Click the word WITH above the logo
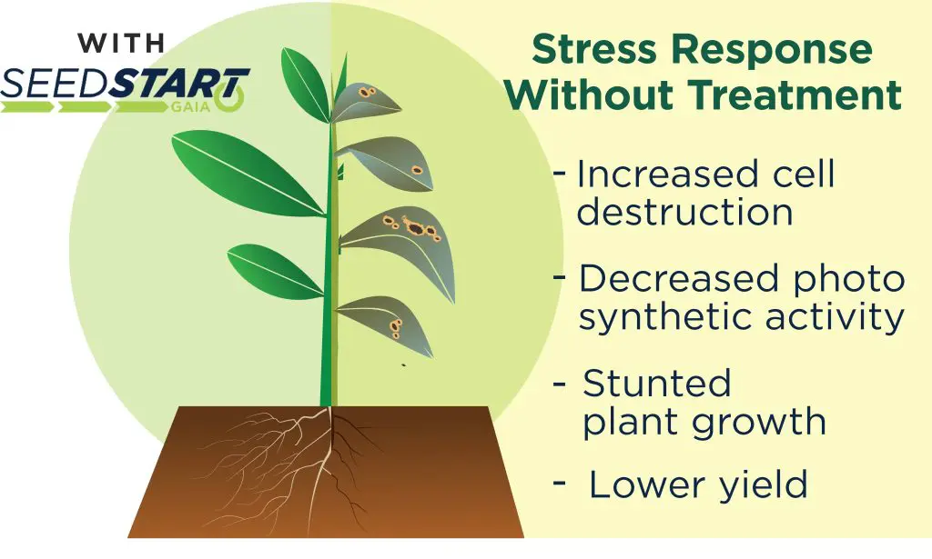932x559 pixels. pyautogui.click(x=121, y=43)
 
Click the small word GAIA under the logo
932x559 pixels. pyautogui.click(x=189, y=107)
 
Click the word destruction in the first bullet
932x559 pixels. pyautogui.click(x=684, y=211)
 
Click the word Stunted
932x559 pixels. pyautogui.click(x=657, y=384)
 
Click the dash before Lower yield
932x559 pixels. pyautogui.click(x=560, y=483)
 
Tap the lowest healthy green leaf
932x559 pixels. pyautogui.click(x=275, y=272)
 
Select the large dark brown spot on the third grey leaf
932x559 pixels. pyautogui.click(x=414, y=228)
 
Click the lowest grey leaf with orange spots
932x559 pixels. pyautogui.click(x=386, y=325)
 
